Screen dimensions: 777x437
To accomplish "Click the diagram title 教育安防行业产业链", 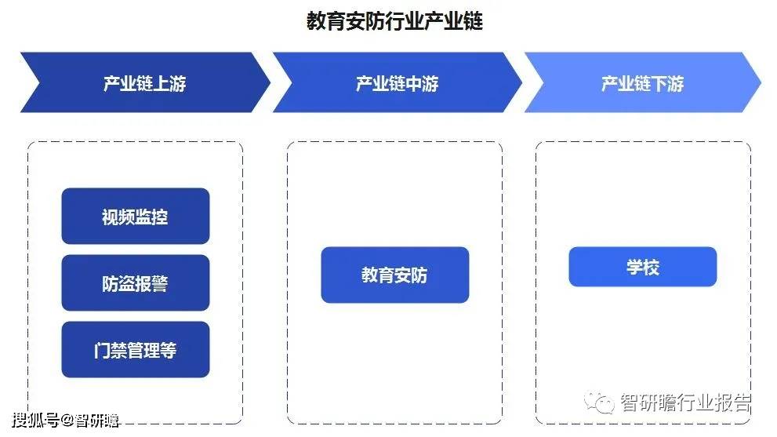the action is (x=394, y=21).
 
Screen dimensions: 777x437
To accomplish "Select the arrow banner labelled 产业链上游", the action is (x=145, y=82).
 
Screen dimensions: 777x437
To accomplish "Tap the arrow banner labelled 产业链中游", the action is (x=397, y=82).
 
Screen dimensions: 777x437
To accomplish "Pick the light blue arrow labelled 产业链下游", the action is (x=642, y=82).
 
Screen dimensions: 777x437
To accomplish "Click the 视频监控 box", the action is (x=136, y=216).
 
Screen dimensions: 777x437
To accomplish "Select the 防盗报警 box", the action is (x=136, y=282).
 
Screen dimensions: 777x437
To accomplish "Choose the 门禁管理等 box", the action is (x=136, y=350).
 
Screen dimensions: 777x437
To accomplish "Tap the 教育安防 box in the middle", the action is (x=395, y=275).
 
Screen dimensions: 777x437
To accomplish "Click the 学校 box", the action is (x=643, y=267).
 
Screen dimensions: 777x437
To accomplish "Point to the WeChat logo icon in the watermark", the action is (x=598, y=402).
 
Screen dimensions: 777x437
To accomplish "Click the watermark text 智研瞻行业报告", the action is (x=686, y=402).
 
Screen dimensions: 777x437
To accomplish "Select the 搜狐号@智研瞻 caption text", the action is (x=66, y=421).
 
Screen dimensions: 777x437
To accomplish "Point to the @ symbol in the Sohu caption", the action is (x=67, y=421).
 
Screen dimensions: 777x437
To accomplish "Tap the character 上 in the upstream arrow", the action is (x=161, y=83).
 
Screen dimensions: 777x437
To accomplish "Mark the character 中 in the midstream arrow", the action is (x=413, y=83).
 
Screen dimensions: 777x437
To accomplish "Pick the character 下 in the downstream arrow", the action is (x=659, y=83).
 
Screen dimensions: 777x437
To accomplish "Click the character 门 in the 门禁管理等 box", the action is (x=102, y=350).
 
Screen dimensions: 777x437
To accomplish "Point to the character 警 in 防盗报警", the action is (x=160, y=284).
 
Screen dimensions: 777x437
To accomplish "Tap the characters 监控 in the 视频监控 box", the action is (x=151, y=217).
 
